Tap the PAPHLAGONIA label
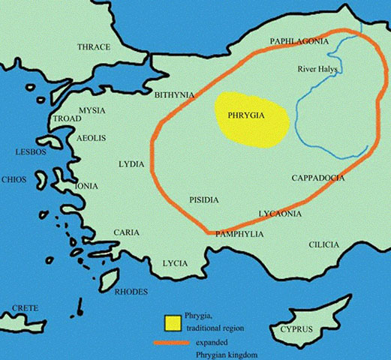[299, 42]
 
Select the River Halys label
[317, 69]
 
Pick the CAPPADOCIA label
[317, 178]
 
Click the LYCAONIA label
[280, 214]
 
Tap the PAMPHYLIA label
[238, 234]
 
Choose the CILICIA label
[323, 245]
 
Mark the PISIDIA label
[203, 199]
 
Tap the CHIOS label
[14, 180]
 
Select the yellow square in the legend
[173, 322]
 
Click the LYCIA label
[175, 263]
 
